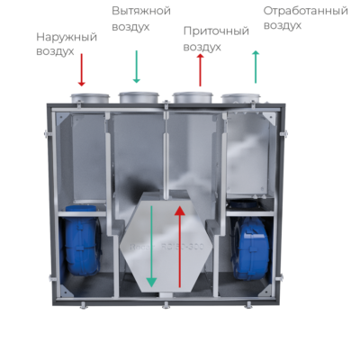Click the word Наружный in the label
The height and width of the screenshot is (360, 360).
pos(67,37)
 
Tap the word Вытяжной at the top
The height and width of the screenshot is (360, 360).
pos(141,11)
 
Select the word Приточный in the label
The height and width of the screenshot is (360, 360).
pos(216,31)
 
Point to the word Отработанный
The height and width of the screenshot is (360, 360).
pos(306,11)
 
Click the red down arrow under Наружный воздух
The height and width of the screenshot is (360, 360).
pos(82,70)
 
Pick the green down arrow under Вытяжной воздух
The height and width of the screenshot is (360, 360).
pos(137,67)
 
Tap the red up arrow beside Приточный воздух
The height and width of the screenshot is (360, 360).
pos(200,70)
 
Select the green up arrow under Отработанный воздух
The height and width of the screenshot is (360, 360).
pos(256,67)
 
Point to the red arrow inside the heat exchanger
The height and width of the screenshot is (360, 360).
pos(180,247)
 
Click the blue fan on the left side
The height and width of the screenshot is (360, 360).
pos(81,240)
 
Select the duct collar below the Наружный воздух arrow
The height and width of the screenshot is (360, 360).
pos(90,98)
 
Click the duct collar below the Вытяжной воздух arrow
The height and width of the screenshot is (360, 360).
pos(139,97)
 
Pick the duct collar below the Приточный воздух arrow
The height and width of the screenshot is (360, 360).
pos(193,97)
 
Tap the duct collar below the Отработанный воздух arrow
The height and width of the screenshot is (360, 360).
pos(240,98)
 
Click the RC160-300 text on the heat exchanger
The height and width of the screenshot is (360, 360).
pos(183,247)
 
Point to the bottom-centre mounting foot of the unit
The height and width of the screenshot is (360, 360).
pos(166,305)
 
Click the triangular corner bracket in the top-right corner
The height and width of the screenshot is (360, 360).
pos(270,118)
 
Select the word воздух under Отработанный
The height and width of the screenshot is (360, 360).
pos(283,25)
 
